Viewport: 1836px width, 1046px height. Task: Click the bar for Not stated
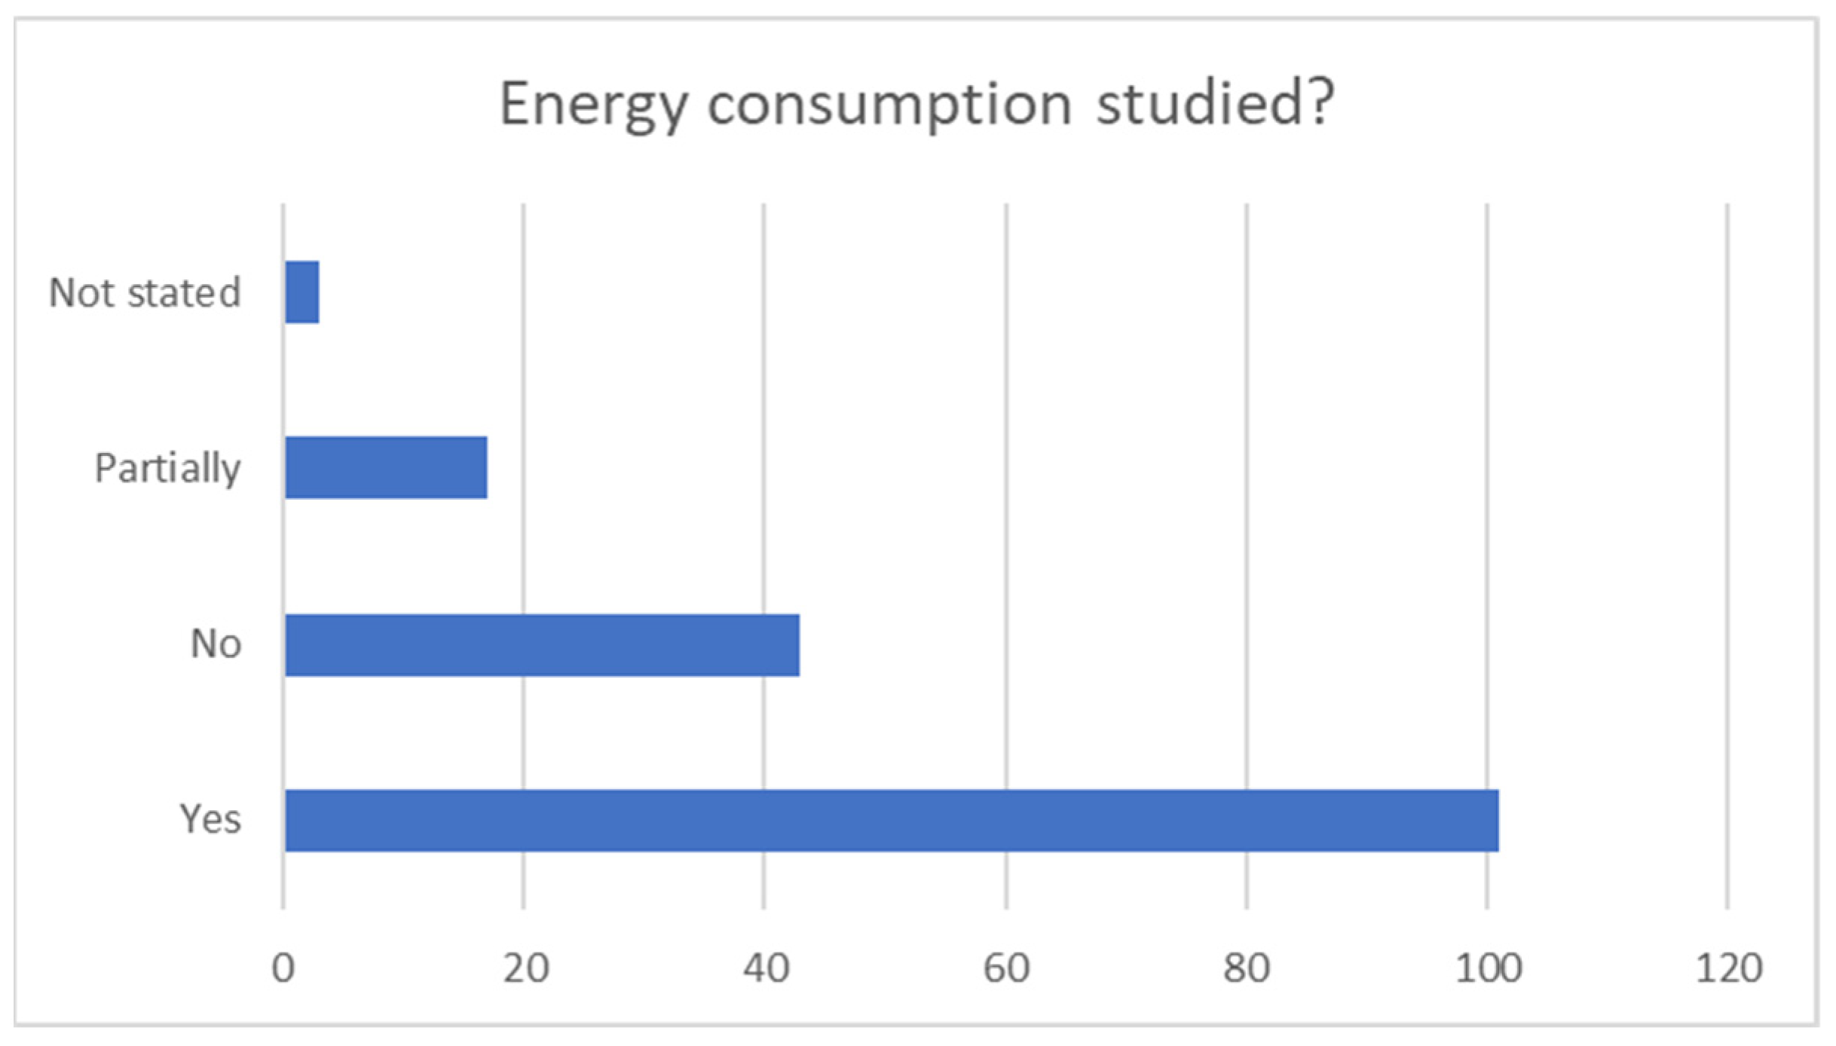click(x=302, y=292)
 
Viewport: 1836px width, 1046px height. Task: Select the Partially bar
click(x=386, y=468)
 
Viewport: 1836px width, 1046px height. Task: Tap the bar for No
click(x=542, y=645)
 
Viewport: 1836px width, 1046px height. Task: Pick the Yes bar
click(x=892, y=821)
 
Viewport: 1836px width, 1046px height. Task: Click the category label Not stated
click(x=145, y=292)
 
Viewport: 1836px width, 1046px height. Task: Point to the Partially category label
click(x=167, y=469)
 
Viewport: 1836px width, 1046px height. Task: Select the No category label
click(x=216, y=644)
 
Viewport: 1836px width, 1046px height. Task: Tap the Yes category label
click(x=210, y=819)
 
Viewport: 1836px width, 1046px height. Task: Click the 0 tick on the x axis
click(x=283, y=968)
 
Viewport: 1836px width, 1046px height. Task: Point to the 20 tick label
click(x=525, y=968)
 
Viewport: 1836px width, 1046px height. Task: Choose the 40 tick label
click(x=766, y=968)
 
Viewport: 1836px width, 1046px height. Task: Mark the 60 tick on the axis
click(x=1006, y=968)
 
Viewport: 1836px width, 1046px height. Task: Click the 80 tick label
click(x=1247, y=968)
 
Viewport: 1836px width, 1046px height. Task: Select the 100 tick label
click(x=1488, y=968)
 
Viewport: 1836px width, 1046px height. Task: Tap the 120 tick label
click(x=1728, y=968)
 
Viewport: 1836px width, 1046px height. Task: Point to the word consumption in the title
click(x=889, y=106)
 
